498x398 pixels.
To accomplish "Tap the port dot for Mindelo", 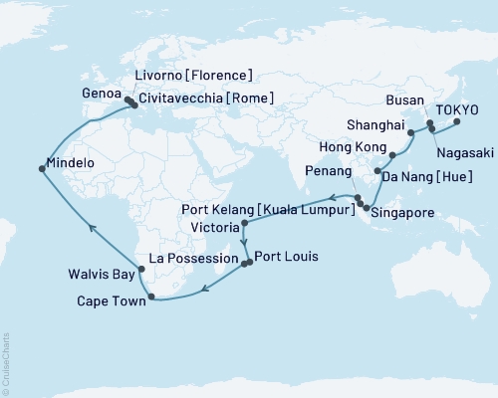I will [41, 169].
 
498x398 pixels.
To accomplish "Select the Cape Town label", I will [111, 299].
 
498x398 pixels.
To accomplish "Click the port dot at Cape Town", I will [150, 296].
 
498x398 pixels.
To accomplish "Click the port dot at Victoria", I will [244, 225].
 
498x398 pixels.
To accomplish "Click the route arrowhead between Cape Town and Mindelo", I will [90, 227].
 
